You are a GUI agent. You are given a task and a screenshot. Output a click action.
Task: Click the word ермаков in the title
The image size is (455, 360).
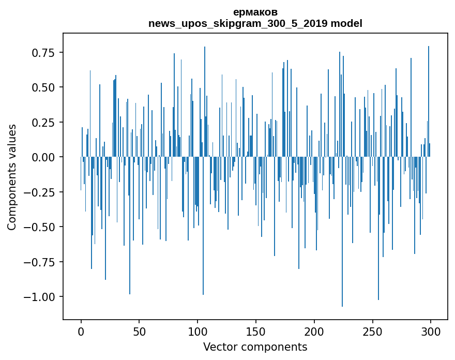(x=255, y=12)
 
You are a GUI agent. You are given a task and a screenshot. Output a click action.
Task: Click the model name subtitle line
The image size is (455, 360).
(x=255, y=23)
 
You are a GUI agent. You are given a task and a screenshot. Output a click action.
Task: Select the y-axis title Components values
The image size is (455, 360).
(x=11, y=177)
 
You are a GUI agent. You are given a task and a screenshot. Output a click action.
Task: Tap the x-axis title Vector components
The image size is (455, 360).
(x=255, y=347)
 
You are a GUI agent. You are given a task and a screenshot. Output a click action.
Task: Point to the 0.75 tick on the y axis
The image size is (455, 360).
(x=44, y=53)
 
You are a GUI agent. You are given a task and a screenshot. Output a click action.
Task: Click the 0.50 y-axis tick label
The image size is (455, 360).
(x=44, y=87)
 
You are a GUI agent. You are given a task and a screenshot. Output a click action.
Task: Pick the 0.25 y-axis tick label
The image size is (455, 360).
(x=44, y=123)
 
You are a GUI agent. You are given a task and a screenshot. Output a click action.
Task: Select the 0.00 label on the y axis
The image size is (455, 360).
(x=44, y=157)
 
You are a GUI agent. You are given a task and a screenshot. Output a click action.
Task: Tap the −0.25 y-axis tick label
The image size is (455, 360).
(x=41, y=192)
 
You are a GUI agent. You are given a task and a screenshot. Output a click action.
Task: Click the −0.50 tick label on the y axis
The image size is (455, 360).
(x=41, y=227)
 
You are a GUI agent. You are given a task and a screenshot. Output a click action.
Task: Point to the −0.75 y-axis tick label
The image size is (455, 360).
(x=41, y=262)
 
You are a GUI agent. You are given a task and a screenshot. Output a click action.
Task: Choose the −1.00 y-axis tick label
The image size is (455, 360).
(x=41, y=297)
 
